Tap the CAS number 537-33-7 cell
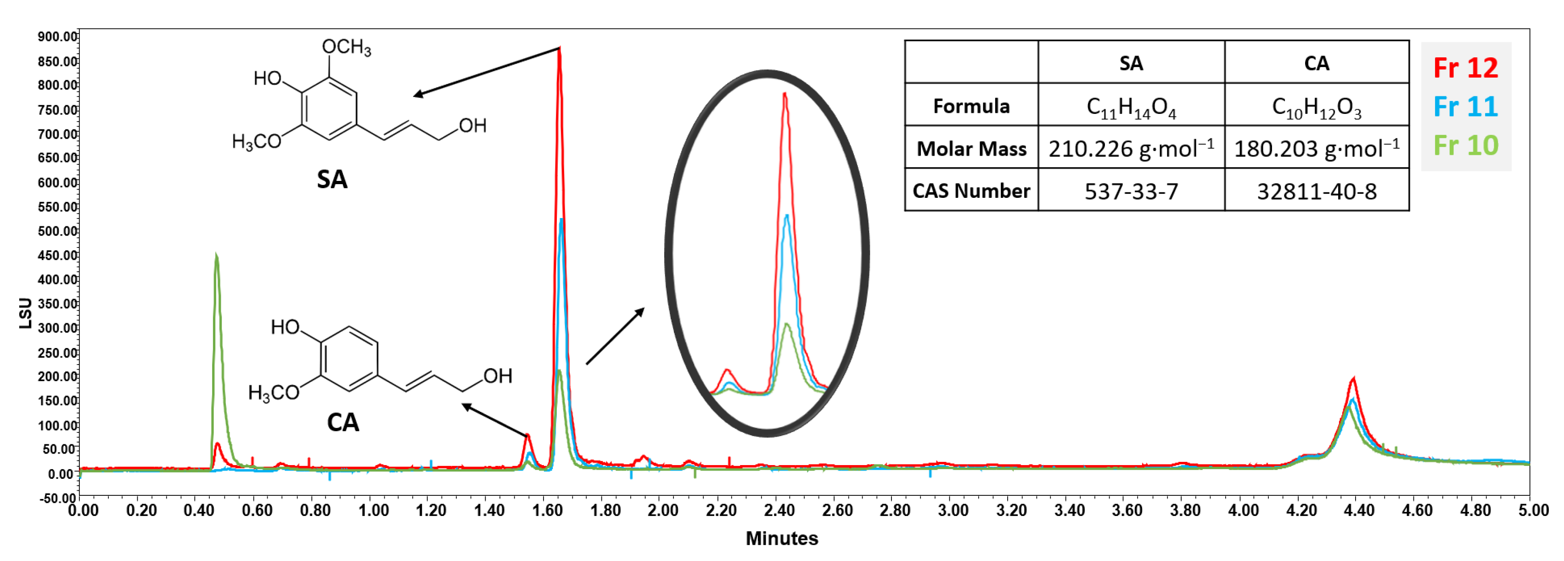coord(1131,191)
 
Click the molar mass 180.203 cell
coord(1316,148)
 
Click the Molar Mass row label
coord(971,148)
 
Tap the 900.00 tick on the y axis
coord(58,36)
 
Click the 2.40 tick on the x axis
coord(779,510)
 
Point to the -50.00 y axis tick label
coord(58,498)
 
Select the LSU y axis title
coord(26,313)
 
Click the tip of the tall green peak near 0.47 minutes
coord(217,255)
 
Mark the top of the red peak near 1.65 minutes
coord(559,49)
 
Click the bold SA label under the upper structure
coord(332,179)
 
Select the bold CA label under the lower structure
coord(343,422)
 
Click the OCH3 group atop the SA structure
coord(346,47)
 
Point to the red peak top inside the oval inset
coord(785,94)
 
